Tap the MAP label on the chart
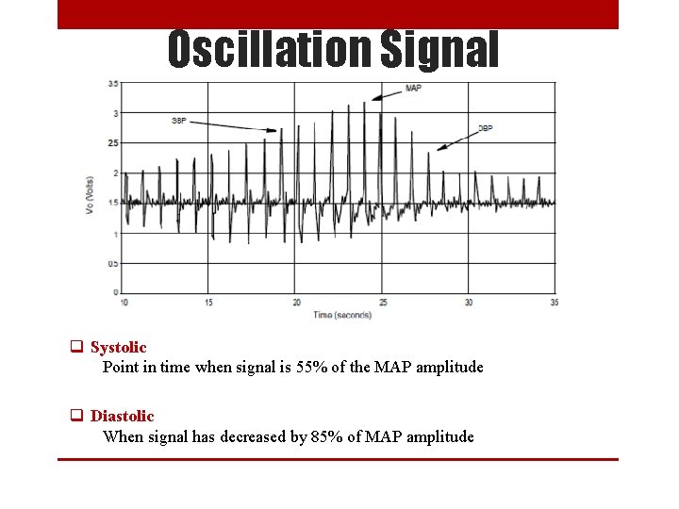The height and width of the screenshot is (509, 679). pyautogui.click(x=413, y=89)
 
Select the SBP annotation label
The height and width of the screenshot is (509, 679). pyautogui.click(x=180, y=121)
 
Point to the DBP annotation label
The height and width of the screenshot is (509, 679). pyautogui.click(x=487, y=127)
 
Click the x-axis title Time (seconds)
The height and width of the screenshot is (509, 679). pyautogui.click(x=342, y=314)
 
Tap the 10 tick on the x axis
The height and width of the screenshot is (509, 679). pyautogui.click(x=124, y=303)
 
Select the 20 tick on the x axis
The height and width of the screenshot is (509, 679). pyautogui.click(x=296, y=303)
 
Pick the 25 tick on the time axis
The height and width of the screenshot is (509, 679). pyautogui.click(x=383, y=303)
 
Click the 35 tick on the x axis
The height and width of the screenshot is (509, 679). pyautogui.click(x=555, y=303)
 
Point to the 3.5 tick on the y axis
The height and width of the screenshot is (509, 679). pyautogui.click(x=113, y=83)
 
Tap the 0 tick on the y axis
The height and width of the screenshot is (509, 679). pyautogui.click(x=116, y=292)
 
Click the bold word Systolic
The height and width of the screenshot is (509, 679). pyautogui.click(x=119, y=348)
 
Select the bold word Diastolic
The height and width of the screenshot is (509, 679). pyautogui.click(x=123, y=416)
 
